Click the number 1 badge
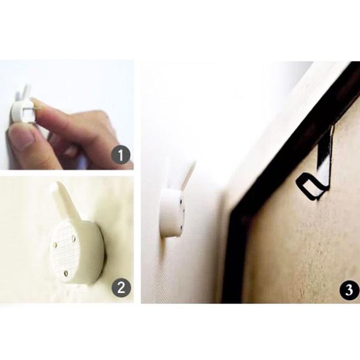click(x=121, y=155)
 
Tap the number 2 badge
click(x=121, y=287)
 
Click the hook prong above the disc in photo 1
click(x=27, y=92)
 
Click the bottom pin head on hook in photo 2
click(x=66, y=273)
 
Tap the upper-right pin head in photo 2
click(x=74, y=239)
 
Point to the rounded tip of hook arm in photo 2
click(x=55, y=186)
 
